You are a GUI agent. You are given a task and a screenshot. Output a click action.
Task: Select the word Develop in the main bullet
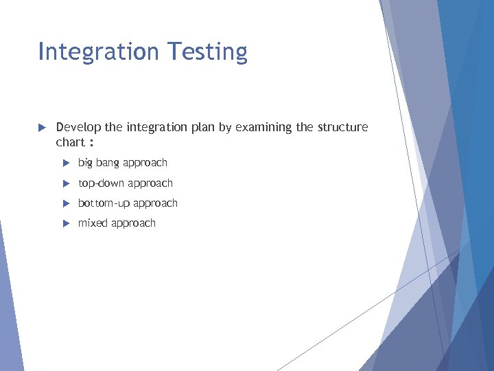pos(78,128)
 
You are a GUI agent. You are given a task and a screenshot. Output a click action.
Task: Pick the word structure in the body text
pos(343,127)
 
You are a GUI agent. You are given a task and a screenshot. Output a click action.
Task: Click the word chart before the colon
pos(69,142)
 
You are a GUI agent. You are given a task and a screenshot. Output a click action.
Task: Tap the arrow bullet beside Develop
pos(41,128)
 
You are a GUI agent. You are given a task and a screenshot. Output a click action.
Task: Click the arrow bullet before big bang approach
pos(66,163)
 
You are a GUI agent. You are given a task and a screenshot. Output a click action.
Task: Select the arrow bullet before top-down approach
pos(66,183)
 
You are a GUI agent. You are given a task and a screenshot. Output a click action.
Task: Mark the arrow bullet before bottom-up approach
pos(66,203)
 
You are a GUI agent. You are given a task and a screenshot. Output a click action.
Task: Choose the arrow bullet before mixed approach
pos(66,223)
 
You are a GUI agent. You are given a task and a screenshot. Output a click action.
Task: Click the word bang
pos(108,164)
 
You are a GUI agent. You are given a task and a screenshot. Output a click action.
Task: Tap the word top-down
pos(101,183)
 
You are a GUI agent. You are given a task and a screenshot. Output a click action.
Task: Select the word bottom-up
pos(104,203)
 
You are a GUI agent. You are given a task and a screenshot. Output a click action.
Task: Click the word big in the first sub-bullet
pos(85,164)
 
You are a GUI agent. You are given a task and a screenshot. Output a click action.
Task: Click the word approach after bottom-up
pos(156,204)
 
